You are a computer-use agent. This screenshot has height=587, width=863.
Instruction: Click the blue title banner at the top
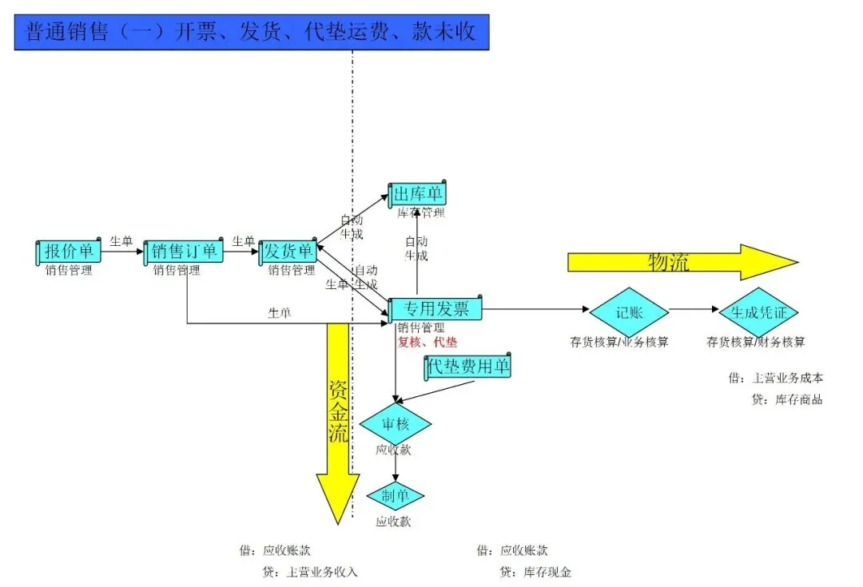(x=251, y=32)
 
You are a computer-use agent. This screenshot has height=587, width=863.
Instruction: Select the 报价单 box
(x=69, y=252)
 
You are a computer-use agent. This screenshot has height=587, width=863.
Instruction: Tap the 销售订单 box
(x=184, y=252)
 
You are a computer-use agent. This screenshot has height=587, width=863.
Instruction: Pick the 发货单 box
(x=288, y=252)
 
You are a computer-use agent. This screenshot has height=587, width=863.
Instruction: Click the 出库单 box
(x=418, y=194)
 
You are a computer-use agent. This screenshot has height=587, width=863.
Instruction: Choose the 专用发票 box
(x=435, y=310)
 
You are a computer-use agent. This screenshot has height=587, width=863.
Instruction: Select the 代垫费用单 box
(x=468, y=367)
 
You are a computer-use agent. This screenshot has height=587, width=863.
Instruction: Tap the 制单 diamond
(x=395, y=496)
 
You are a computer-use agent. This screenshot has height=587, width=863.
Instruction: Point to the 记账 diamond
(x=630, y=312)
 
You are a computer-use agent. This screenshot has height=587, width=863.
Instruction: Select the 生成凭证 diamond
(x=758, y=312)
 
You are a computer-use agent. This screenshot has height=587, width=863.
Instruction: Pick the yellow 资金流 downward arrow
(x=338, y=423)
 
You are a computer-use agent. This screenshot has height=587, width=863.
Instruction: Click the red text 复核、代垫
(x=428, y=343)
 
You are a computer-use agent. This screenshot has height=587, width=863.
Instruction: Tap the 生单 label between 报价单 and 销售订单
(x=121, y=240)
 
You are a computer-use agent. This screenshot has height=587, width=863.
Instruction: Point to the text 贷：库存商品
(x=786, y=399)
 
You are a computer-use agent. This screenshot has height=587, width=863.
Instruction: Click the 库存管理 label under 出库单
(x=420, y=212)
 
